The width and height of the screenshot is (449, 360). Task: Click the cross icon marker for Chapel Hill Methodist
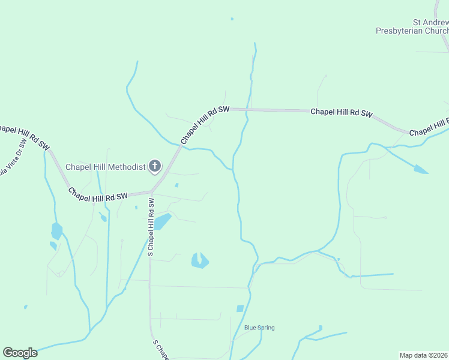click(155, 166)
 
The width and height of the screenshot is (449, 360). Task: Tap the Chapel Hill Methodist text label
click(105, 167)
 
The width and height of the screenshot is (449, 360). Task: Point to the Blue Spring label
click(259, 328)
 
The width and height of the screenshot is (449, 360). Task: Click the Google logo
click(20, 353)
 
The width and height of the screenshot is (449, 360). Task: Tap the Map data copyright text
click(424, 355)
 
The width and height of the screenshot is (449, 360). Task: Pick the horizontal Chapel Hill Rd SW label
click(342, 112)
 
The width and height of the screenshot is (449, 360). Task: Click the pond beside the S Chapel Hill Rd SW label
click(162, 222)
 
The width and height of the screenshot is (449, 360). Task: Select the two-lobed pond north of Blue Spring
click(199, 260)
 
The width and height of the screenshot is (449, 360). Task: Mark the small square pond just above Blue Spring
click(240, 308)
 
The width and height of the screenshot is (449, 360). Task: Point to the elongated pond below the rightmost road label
click(420, 170)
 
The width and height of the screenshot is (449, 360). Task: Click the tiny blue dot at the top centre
click(232, 19)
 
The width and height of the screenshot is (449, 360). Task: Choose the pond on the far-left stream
click(56, 230)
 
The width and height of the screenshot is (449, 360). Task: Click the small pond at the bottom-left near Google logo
click(25, 307)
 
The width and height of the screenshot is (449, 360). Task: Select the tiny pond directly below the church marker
click(176, 185)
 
